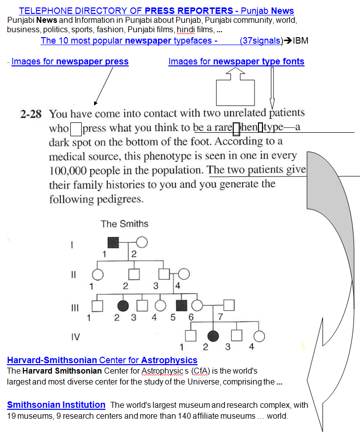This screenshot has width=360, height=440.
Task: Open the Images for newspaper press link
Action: coord(70,62)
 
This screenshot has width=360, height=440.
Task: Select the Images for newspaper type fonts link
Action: coord(236,62)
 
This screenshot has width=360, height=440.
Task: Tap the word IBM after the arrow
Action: coord(301,41)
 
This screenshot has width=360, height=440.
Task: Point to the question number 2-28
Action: coord(31,114)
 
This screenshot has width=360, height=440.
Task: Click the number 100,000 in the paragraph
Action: coord(70,170)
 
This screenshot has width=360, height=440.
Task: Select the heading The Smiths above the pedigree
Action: coord(124,223)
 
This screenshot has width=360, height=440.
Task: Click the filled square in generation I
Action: coord(114,243)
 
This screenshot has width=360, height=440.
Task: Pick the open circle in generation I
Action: coord(142,243)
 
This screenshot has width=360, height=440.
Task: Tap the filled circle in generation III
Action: coord(123,306)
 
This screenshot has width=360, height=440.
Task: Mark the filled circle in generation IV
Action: coord(213,336)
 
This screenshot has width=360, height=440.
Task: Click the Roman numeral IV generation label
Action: coord(75,337)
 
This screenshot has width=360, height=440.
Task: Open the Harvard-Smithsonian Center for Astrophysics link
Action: coord(102,360)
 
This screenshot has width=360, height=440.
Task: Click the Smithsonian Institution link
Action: coord(56,405)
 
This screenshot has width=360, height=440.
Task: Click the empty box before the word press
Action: coord(76,129)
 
